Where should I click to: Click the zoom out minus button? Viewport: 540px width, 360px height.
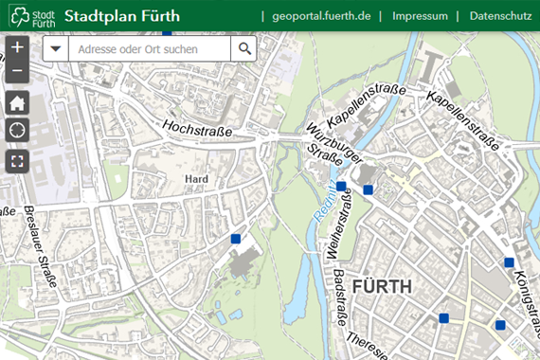17,71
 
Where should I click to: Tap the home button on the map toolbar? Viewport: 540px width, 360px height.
17,102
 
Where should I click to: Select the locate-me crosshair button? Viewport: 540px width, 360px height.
17,131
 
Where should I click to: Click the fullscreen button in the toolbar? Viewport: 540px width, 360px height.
17,160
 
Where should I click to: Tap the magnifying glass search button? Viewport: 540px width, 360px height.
244,49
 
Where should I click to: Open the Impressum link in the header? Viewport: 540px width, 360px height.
420,15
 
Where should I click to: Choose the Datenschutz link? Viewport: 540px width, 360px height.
499,15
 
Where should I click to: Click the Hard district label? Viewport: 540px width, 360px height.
197,178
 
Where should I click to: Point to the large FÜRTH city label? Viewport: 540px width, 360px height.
382,285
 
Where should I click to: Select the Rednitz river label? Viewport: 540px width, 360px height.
321,205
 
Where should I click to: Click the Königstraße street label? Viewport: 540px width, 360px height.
524,293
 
